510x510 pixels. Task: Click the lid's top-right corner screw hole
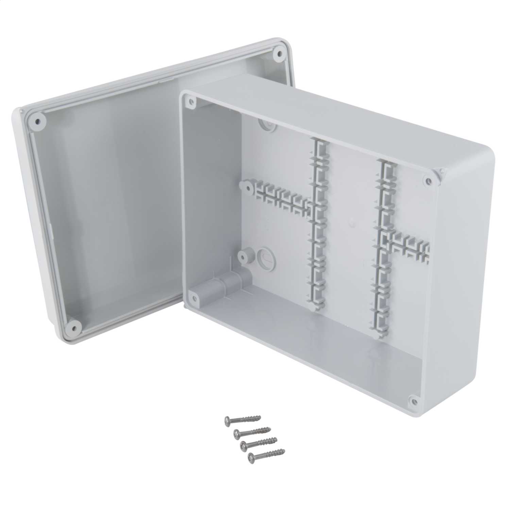click(x=279, y=53)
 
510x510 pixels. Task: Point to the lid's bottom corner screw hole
click(x=73, y=327)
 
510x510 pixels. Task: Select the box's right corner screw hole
click(x=428, y=181)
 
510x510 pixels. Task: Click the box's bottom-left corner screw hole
click(x=194, y=298)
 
